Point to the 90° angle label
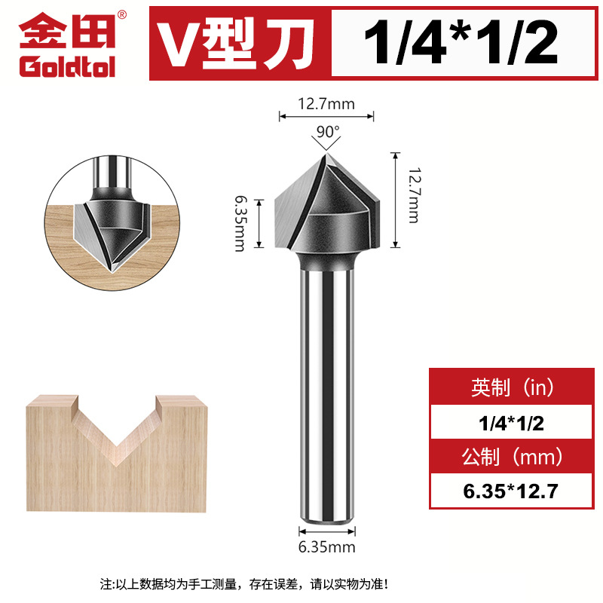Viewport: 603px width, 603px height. [x=326, y=131]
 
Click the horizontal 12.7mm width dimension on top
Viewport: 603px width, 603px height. [x=326, y=104]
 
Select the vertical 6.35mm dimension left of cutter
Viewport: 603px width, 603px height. [x=240, y=224]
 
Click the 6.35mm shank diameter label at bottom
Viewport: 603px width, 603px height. [x=326, y=547]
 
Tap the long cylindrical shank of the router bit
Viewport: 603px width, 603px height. [x=326, y=392]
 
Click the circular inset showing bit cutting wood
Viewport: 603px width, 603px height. [x=114, y=214]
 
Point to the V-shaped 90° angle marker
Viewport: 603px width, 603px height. [x=326, y=144]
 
